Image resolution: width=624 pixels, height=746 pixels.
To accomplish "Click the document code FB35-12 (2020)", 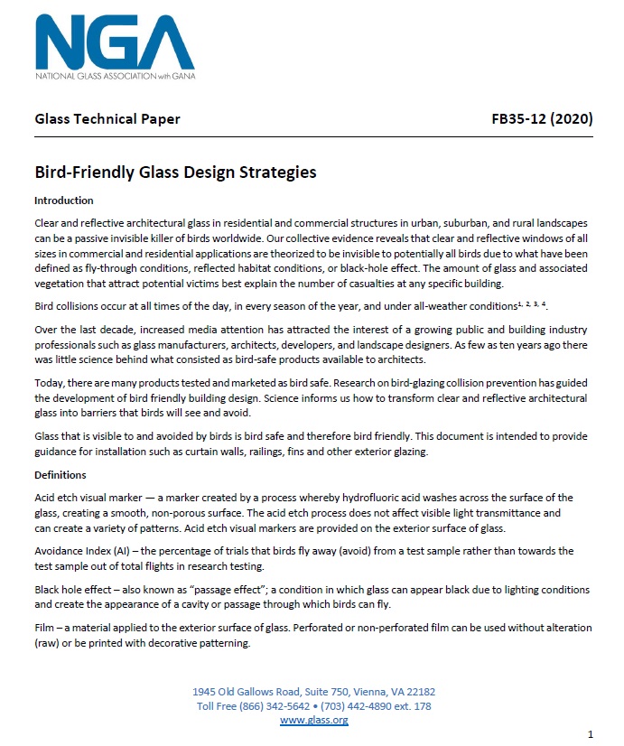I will click(541, 119).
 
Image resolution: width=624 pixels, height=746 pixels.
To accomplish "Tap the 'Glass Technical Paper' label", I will click(107, 119).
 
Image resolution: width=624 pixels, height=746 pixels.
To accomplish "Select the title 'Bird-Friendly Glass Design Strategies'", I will click(175, 172).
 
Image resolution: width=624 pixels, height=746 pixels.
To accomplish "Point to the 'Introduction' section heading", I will click(63, 200).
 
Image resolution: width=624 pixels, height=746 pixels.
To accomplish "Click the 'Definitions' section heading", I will click(61, 474).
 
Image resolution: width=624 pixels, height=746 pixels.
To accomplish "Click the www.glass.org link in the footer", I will click(313, 720).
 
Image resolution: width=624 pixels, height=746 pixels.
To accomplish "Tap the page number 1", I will click(590, 733).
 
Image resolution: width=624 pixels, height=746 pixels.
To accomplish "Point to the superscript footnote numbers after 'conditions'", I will click(531, 304).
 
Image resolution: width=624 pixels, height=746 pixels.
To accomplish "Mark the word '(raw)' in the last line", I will click(50, 644).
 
